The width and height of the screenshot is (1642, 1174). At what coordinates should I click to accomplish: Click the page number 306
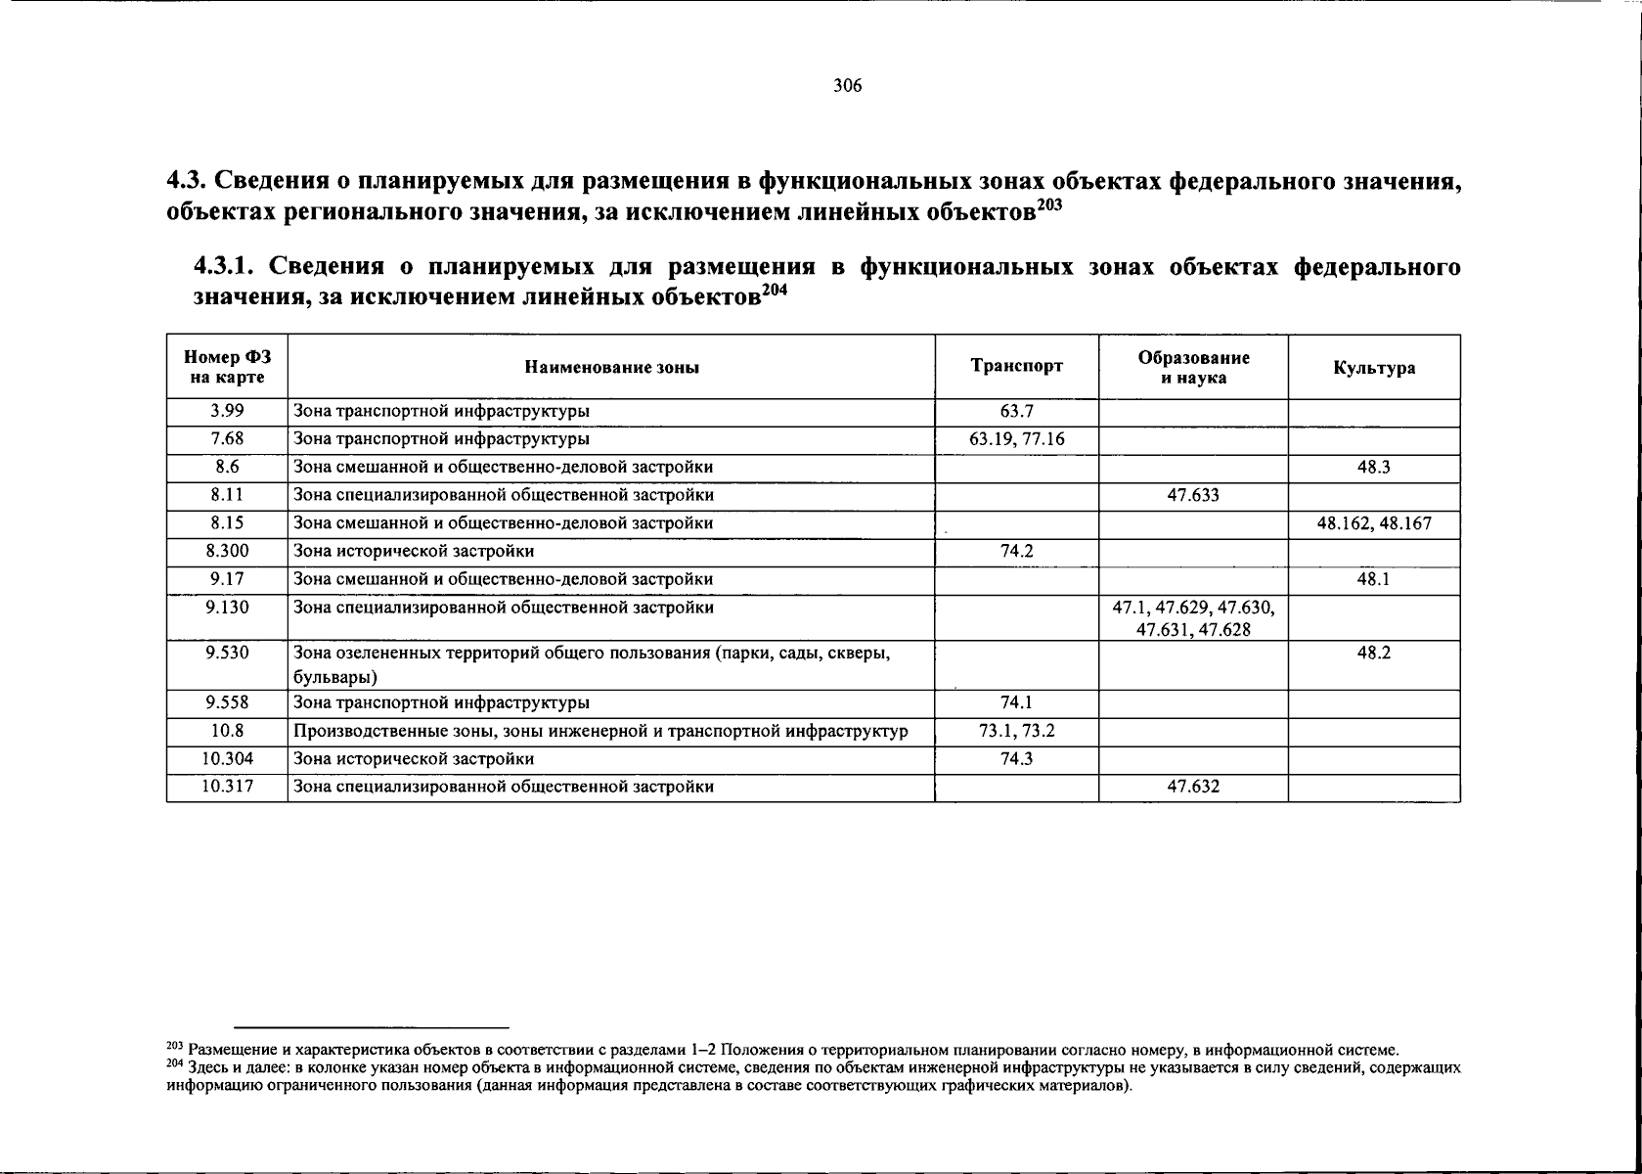[x=847, y=86]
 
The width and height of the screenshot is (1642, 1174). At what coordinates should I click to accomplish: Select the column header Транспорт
[x=1016, y=367]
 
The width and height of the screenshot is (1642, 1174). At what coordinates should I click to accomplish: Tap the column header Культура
[x=1373, y=368]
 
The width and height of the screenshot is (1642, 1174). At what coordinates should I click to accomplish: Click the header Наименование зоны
[x=612, y=368]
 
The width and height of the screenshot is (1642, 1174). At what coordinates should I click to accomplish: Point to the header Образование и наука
[x=1193, y=368]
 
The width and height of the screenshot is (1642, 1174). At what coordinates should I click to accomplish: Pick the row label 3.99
[x=227, y=412]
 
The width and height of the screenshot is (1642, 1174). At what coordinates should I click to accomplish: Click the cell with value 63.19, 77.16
[x=1016, y=439]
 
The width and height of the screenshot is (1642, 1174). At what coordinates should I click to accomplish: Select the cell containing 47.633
[x=1193, y=496]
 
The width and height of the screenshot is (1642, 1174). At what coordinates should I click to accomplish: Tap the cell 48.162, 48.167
[x=1373, y=523]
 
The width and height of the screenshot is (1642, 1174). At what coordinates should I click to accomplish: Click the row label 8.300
[x=227, y=552]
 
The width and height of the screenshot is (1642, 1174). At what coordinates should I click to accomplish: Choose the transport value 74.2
[x=1016, y=552]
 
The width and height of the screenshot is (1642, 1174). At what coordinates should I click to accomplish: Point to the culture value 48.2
[x=1373, y=654]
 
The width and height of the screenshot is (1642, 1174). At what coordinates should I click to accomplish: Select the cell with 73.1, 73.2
[x=1016, y=731]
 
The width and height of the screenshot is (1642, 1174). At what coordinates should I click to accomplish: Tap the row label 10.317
[x=227, y=787]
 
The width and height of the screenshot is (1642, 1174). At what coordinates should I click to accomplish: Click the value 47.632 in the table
[x=1193, y=787]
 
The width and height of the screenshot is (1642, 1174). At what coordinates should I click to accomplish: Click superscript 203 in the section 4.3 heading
[x=1048, y=204]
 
